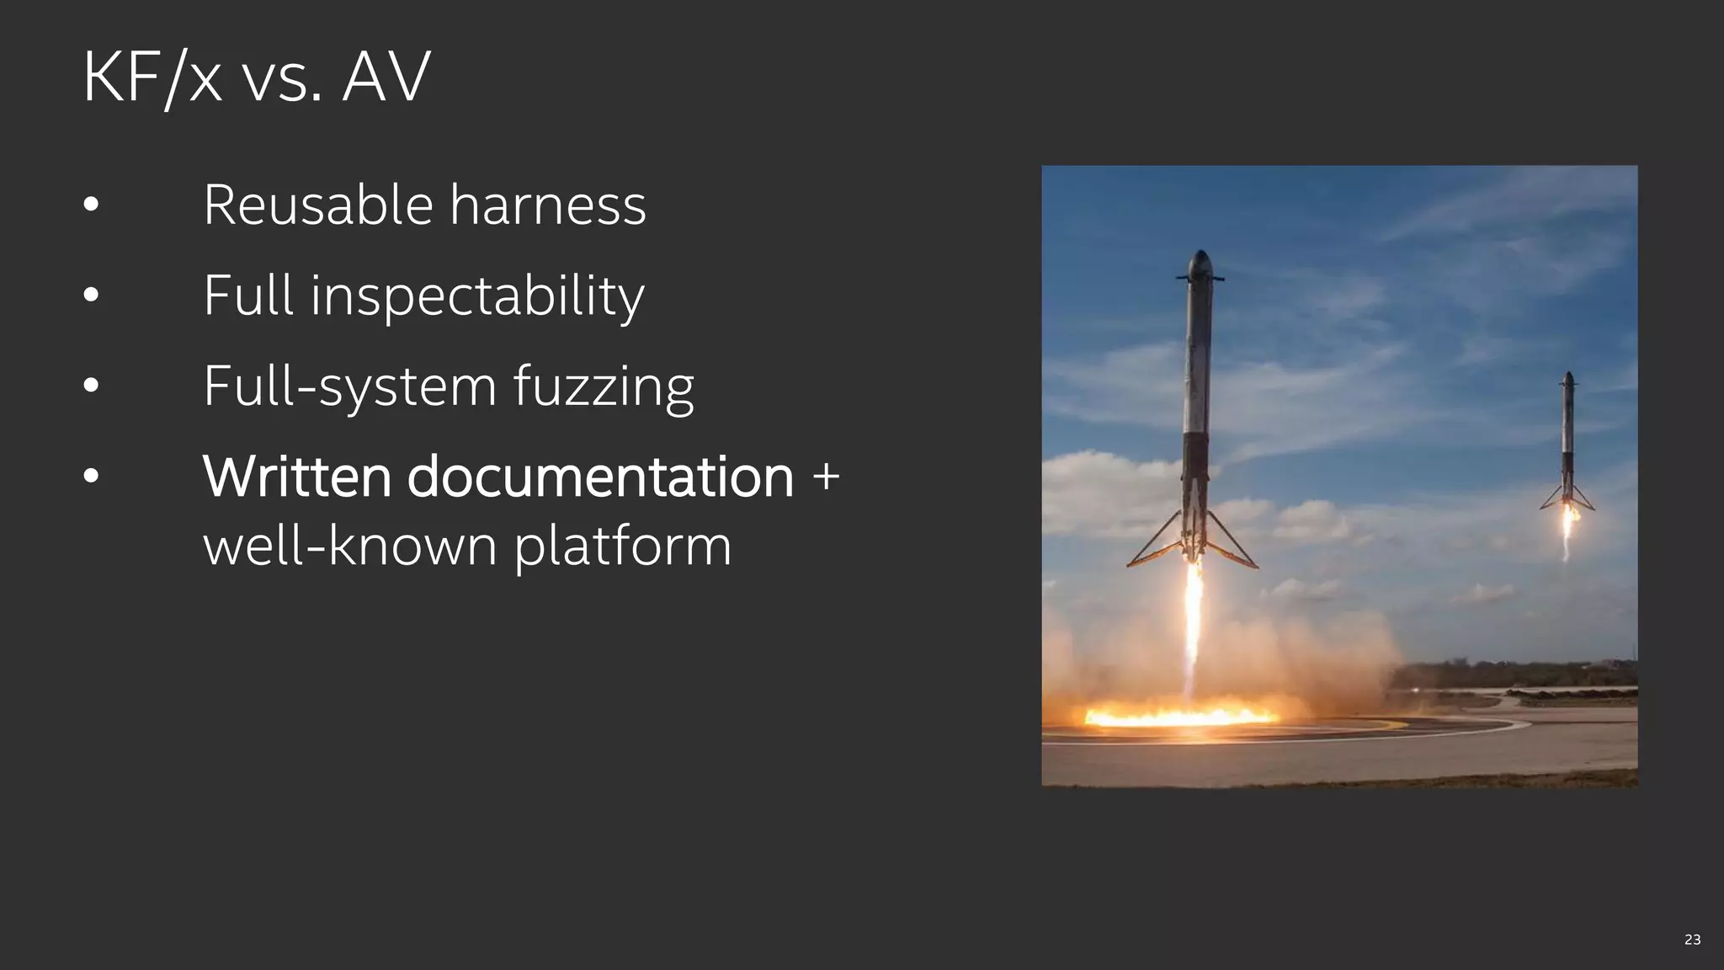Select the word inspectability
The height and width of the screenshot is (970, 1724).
coord(477,296)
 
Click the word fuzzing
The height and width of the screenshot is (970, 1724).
coord(604,386)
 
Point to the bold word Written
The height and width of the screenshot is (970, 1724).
coord(296,477)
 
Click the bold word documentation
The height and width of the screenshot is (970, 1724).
coord(600,477)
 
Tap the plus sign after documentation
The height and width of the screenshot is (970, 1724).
coord(826,476)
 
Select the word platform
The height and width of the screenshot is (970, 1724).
coord(623,546)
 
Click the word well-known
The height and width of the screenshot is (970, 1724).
coord(350,546)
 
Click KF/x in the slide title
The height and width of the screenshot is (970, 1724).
coord(152,77)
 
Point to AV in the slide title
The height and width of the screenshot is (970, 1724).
coord(386,77)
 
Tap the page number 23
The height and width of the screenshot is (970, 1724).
coord(1692,940)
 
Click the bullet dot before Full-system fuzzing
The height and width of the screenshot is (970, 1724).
coord(92,386)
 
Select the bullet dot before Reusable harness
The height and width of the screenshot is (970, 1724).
coord(92,205)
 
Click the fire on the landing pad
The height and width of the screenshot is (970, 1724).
coord(1179,717)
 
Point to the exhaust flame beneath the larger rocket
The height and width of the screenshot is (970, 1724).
coord(1193,623)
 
